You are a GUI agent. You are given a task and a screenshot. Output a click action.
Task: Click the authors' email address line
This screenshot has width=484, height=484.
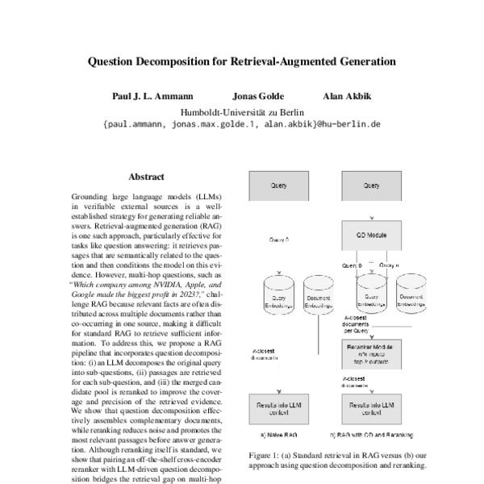tap(242, 125)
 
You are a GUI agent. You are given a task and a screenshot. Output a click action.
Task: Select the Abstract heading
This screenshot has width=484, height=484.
tap(146, 177)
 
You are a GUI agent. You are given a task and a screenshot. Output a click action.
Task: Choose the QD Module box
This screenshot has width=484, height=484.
tap(372, 236)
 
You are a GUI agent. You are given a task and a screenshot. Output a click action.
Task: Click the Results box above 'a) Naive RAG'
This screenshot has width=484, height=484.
tap(277, 408)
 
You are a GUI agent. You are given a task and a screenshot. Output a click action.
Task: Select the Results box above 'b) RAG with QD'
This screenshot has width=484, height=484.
tap(372, 408)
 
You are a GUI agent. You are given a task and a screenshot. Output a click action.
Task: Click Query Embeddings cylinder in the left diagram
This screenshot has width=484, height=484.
tap(277, 301)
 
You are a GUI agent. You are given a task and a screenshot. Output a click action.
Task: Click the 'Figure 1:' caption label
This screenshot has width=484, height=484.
tap(267, 456)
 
